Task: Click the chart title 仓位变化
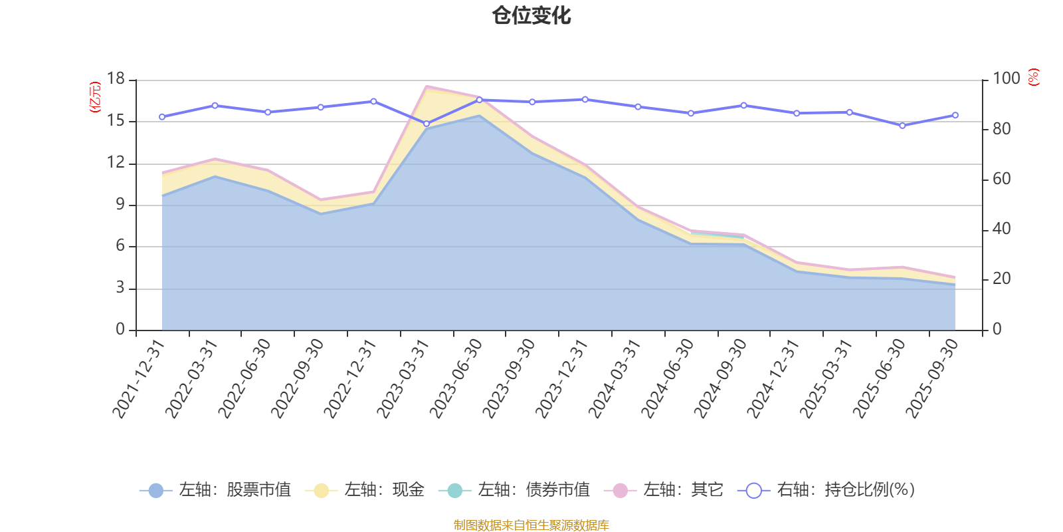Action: (531, 15)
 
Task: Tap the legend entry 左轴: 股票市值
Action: (215, 490)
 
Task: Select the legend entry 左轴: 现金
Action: (365, 490)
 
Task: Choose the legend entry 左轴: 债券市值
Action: (514, 490)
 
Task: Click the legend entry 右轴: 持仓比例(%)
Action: (826, 490)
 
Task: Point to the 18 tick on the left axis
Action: (116, 79)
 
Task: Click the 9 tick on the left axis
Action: (120, 205)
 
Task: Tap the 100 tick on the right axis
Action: (1006, 79)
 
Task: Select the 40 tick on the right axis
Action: (1001, 229)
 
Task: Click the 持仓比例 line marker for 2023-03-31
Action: (427, 124)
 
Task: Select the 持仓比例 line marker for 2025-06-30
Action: (902, 125)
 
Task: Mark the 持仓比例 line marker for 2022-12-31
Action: (373, 101)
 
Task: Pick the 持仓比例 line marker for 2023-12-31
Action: (585, 99)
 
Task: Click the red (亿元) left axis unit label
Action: (95, 97)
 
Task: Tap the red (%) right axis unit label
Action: (1034, 77)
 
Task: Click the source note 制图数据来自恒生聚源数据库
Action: (531, 525)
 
